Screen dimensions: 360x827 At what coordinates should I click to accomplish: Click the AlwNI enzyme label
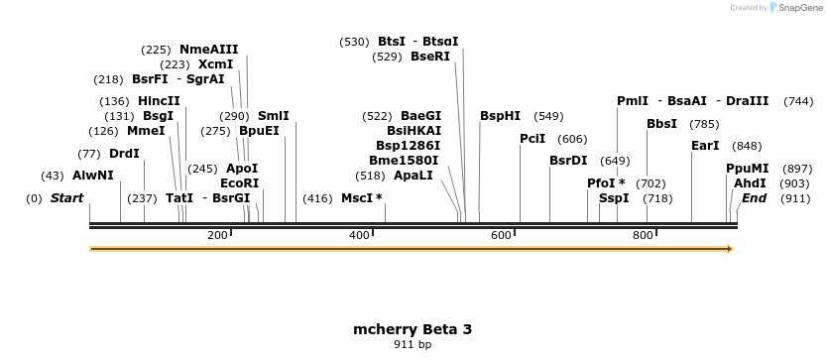tap(93, 176)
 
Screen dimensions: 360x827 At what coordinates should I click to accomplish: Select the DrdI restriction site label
tap(124, 154)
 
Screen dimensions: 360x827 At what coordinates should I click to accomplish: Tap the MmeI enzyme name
tap(146, 131)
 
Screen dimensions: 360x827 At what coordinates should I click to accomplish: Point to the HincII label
tap(159, 101)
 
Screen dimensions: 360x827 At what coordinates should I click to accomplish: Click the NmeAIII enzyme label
tap(208, 50)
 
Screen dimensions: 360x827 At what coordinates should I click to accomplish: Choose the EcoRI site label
tap(239, 183)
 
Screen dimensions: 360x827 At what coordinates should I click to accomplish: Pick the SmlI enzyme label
tap(273, 116)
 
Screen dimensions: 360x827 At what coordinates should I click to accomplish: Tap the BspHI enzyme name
tap(500, 116)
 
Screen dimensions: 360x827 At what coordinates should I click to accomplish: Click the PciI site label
tap(532, 139)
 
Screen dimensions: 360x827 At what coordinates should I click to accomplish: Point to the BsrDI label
tap(568, 161)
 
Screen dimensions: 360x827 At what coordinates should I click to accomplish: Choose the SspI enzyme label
tap(614, 198)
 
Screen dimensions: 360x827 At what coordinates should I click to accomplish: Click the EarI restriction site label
tap(705, 146)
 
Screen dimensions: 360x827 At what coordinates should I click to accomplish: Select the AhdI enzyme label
tap(750, 183)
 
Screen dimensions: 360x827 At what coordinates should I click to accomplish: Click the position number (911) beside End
tap(797, 198)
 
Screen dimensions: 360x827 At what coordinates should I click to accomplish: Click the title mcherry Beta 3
tap(413, 329)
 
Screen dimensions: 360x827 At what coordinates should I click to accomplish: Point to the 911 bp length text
tap(413, 345)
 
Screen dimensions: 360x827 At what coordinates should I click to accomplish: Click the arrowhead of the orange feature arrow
tap(729, 249)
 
